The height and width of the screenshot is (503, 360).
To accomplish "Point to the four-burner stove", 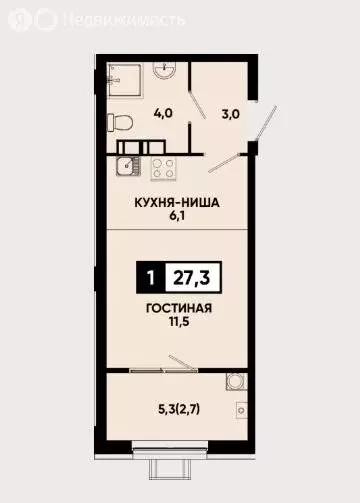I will pyautogui.click(x=162, y=168).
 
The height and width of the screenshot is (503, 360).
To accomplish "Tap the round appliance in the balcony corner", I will pyautogui.click(x=234, y=381).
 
